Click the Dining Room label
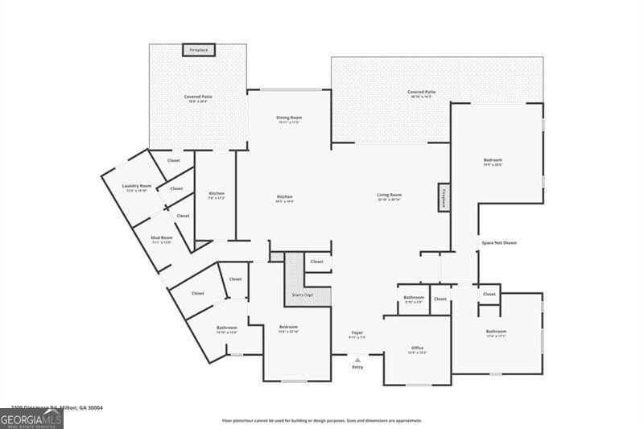289,118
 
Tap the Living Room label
390,196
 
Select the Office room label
417,349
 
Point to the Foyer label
357,333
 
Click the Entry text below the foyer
357,367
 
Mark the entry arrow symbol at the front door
357,359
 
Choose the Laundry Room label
137,187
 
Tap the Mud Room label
162,238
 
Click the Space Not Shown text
498,243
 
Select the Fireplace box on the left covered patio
198,50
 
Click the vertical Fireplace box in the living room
442,198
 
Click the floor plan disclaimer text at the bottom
322,420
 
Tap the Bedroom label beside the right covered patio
493,161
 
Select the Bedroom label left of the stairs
288,328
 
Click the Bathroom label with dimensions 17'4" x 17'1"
496,332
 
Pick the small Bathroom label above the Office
414,298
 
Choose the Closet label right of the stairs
316,262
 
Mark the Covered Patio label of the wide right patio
422,93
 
